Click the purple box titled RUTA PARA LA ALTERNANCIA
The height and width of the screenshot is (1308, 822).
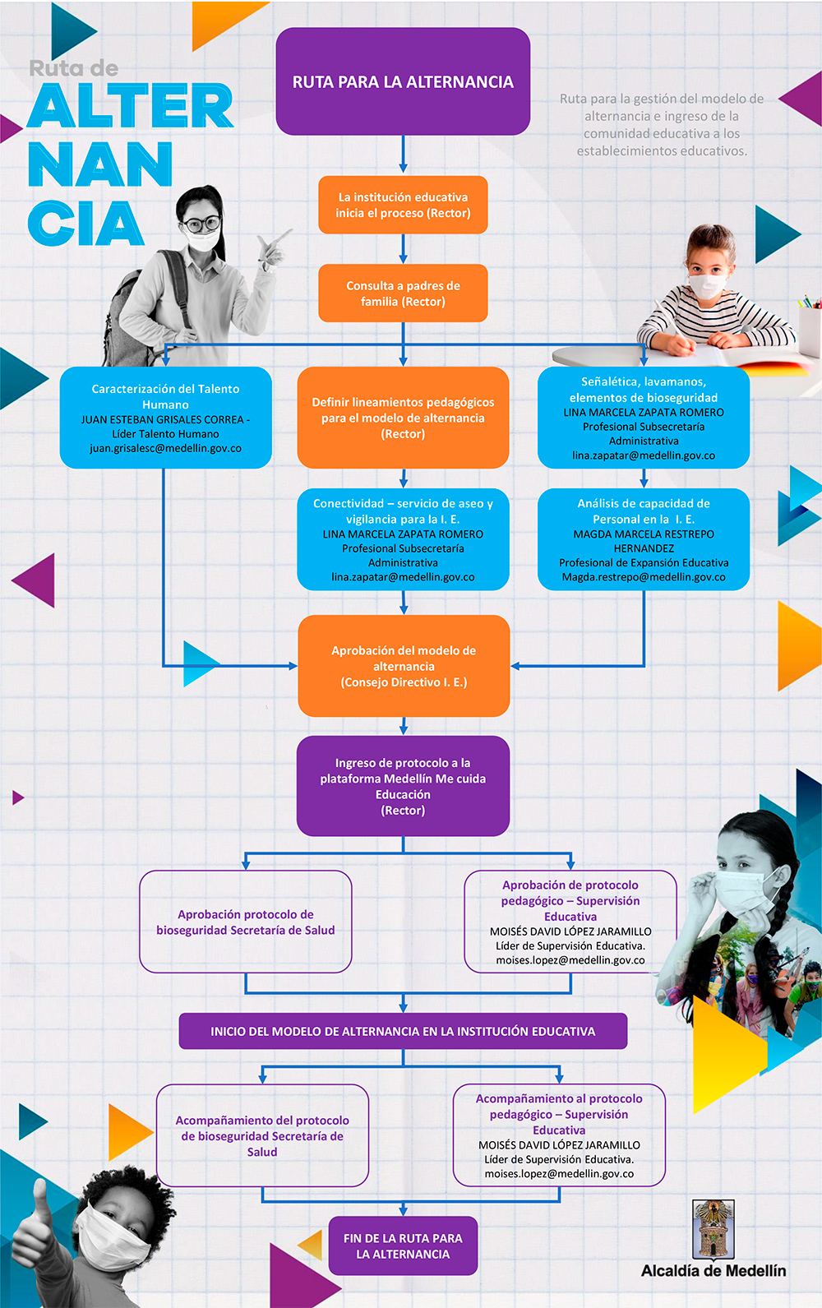403,81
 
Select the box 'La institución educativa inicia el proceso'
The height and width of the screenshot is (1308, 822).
403,205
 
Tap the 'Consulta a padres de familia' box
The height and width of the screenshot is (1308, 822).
403,293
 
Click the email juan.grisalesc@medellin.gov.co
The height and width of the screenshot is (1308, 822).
166,448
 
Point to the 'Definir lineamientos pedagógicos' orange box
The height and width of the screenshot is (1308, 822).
403,418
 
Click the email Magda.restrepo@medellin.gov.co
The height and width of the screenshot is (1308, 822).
644,577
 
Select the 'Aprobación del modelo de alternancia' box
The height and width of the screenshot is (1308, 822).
404,666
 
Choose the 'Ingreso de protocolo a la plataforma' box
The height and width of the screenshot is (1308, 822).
403,786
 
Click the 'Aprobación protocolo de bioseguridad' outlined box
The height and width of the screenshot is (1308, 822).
245,922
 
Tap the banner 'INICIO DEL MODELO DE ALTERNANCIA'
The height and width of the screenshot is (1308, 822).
403,1031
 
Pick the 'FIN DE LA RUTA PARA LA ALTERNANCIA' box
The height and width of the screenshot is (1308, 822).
403,1246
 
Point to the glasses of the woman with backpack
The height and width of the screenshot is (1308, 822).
202,223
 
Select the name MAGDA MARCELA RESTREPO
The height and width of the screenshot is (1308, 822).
644,534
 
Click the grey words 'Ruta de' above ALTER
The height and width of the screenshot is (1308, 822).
73,69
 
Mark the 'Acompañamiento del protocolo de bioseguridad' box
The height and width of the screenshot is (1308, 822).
262,1135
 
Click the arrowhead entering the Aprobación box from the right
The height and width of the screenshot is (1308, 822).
515,666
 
